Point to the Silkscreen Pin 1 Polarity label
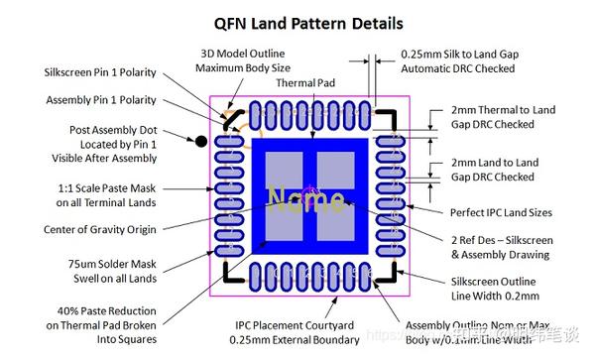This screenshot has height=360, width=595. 99,72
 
